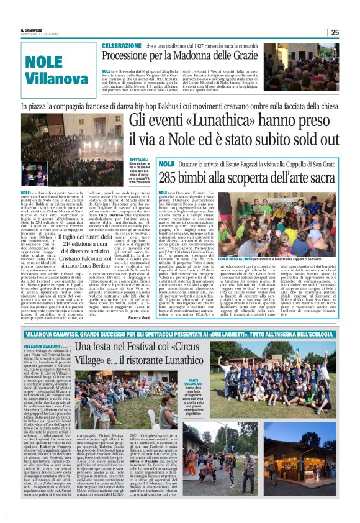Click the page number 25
pos(335,32)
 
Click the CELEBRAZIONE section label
pos(122,46)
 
